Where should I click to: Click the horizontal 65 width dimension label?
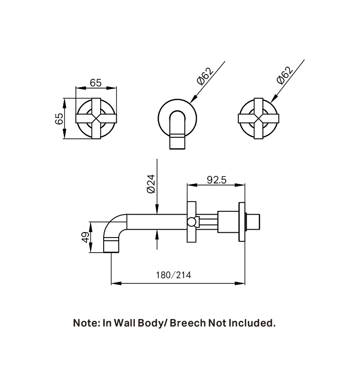point(96,83)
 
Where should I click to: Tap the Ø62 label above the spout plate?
point(205,77)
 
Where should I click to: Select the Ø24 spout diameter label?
point(151,184)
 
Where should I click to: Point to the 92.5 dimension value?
point(216,180)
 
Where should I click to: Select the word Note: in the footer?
point(86,323)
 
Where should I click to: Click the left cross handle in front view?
point(96,118)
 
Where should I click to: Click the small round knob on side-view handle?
point(193,223)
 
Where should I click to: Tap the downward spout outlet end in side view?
point(112,246)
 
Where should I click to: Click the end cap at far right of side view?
point(255,223)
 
